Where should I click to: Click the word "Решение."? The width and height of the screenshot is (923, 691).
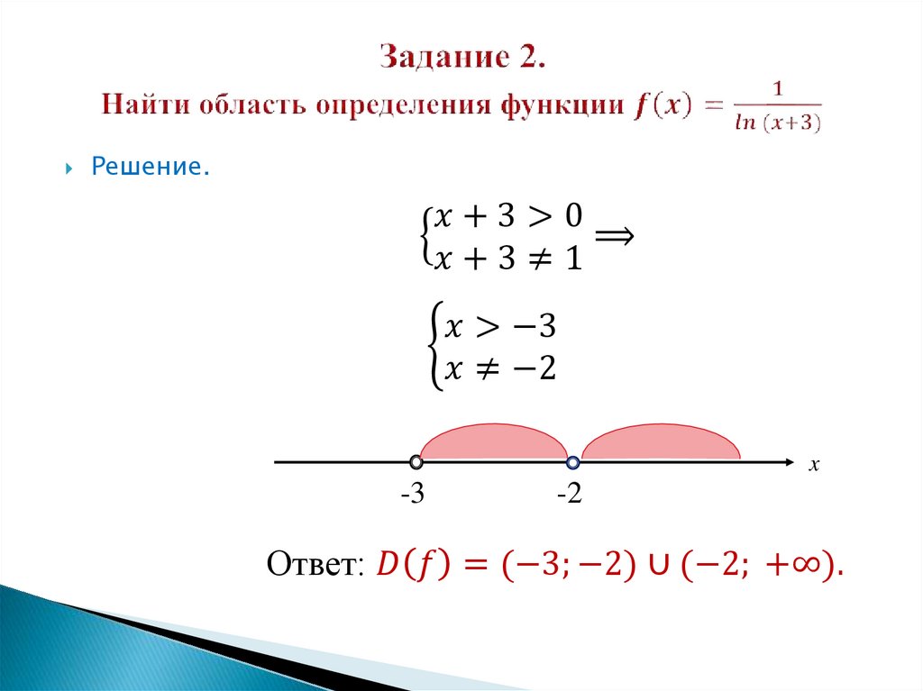point(150,168)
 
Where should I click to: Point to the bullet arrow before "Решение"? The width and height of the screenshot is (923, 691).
point(70,168)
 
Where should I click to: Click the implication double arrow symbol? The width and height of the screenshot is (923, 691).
point(616,236)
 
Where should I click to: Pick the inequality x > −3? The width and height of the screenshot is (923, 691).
point(503,328)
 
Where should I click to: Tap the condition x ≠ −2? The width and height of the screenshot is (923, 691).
point(503,368)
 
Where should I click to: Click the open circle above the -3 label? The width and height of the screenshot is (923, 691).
point(415,462)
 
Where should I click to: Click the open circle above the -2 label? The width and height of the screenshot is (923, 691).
point(572,462)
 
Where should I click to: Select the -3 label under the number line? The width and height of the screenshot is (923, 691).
point(414,495)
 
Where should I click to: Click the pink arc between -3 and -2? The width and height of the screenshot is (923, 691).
point(493,442)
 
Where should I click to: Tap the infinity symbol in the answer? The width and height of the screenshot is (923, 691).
point(807,567)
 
